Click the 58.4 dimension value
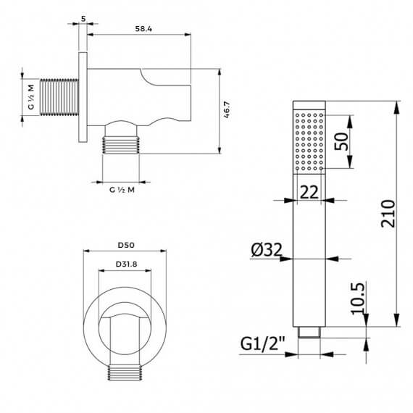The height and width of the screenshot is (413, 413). (x=143, y=29)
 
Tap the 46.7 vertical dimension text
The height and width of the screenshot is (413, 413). (x=227, y=109)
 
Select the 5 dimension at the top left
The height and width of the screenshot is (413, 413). (x=83, y=19)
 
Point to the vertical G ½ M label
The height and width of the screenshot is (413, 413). (x=31, y=97)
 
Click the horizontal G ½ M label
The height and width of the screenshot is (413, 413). (x=122, y=190)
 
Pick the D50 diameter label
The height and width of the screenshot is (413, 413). (x=126, y=245)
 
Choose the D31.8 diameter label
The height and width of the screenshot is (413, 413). (x=126, y=264)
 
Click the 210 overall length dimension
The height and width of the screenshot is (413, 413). (x=388, y=214)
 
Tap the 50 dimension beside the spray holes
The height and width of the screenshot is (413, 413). (x=341, y=142)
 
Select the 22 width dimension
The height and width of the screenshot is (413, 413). (x=309, y=192)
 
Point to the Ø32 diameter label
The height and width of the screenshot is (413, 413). (x=267, y=250)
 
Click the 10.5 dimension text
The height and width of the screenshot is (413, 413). (x=358, y=299)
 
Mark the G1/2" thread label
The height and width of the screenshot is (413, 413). (x=263, y=343)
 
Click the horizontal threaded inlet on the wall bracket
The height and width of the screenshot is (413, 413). (x=59, y=97)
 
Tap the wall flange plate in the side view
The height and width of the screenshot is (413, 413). (x=83, y=97)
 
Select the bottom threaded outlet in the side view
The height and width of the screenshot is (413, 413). (x=121, y=145)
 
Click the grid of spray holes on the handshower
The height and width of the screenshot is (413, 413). (x=309, y=142)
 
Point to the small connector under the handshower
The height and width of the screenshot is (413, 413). (x=309, y=332)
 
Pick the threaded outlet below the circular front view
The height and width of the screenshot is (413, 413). (x=125, y=373)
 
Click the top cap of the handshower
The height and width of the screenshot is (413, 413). (x=309, y=105)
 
